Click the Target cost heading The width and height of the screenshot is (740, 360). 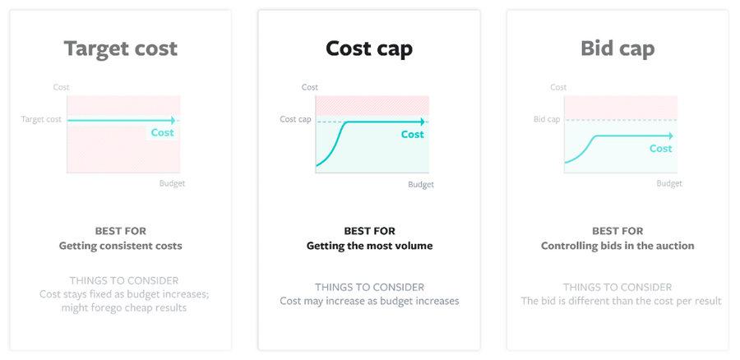(x=121, y=48)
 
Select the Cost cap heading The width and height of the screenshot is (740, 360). (x=369, y=48)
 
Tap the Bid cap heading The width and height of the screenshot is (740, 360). (x=617, y=48)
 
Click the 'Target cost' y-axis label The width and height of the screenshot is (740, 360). (x=41, y=119)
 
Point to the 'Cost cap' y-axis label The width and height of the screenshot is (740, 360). (x=295, y=119)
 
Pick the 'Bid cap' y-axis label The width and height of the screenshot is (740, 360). (x=547, y=119)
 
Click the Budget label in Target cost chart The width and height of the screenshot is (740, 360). (x=173, y=183)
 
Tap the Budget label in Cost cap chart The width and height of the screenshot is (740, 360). (x=421, y=184)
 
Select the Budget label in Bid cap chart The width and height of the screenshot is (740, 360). (x=669, y=183)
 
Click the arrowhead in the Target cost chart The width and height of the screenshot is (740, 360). (x=173, y=120)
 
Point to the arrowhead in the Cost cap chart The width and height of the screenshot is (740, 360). (x=423, y=122)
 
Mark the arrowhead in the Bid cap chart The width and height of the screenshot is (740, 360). (x=670, y=136)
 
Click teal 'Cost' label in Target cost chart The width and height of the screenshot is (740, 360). (x=162, y=132)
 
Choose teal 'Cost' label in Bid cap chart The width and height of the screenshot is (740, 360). (x=661, y=149)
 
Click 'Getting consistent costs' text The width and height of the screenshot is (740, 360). (x=120, y=246)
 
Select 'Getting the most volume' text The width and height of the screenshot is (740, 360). (x=369, y=246)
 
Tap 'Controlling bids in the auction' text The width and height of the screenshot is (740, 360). (x=617, y=246)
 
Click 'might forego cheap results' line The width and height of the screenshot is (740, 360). (x=124, y=307)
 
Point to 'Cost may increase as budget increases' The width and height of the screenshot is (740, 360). (x=369, y=301)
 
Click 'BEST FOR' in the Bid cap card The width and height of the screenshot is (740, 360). (x=617, y=231)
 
